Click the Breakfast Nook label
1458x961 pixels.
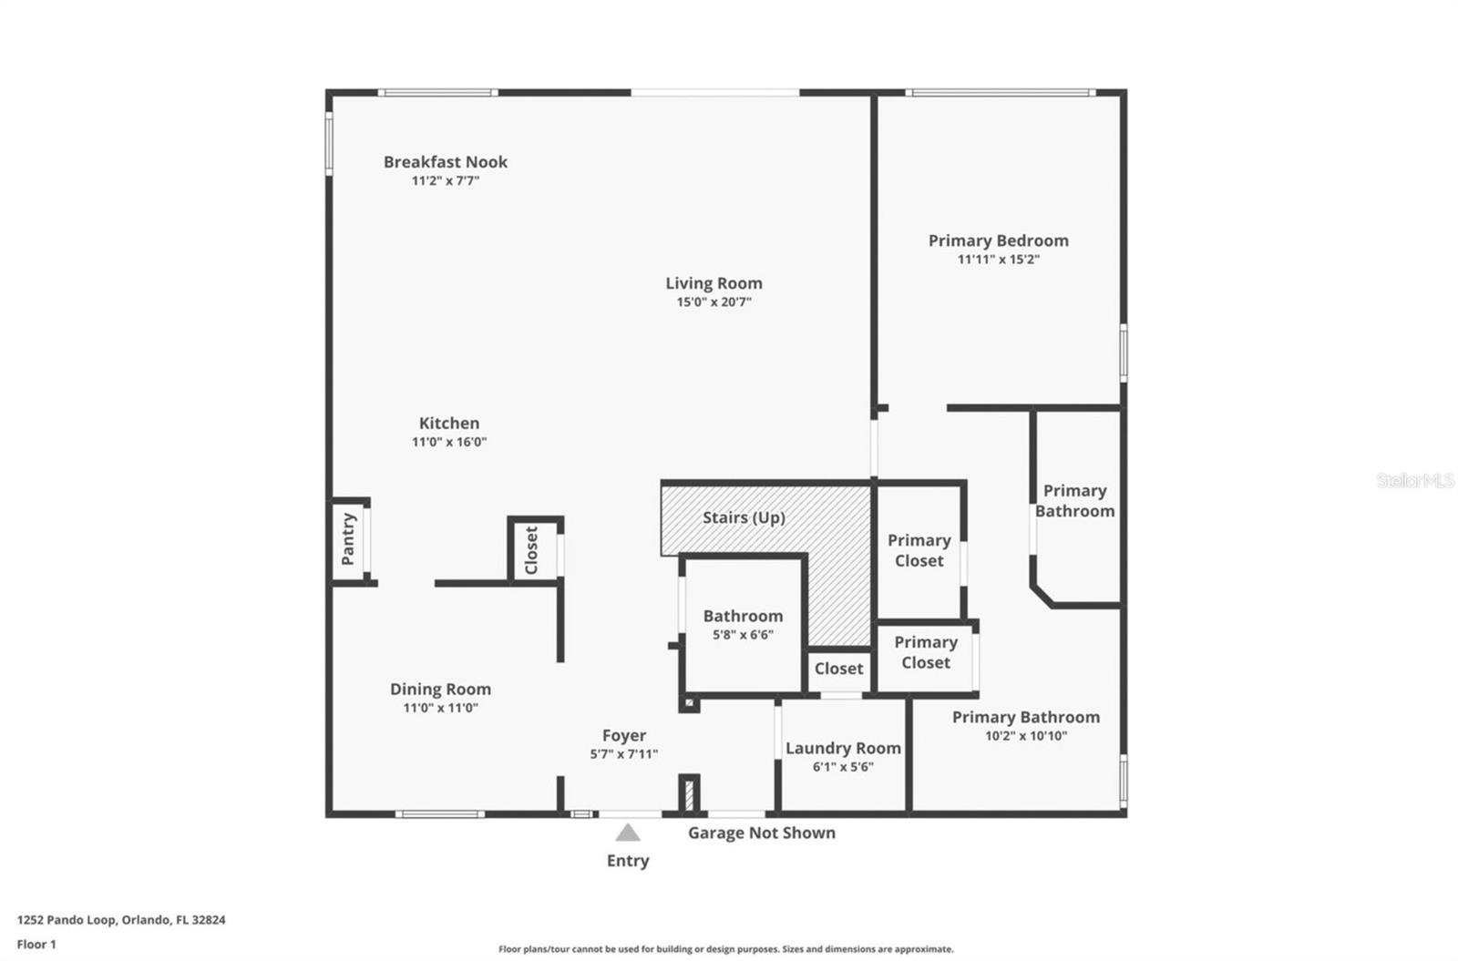(x=446, y=162)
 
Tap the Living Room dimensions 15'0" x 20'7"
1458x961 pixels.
(x=714, y=302)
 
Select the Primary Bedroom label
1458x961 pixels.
(x=999, y=241)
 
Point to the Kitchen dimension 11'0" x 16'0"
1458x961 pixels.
(x=449, y=442)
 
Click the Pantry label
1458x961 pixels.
(x=348, y=538)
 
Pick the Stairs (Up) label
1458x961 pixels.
(x=744, y=518)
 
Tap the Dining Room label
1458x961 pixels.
(x=441, y=690)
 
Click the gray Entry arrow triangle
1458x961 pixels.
(x=628, y=833)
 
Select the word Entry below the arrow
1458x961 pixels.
(x=628, y=861)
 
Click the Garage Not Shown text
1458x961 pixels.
(x=762, y=833)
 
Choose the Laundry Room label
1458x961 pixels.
(x=843, y=749)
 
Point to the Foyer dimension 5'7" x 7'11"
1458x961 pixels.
(x=623, y=754)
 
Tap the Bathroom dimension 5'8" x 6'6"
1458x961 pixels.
(x=743, y=635)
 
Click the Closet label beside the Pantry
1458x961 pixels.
(x=531, y=550)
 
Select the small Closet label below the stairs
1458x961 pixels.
(x=838, y=669)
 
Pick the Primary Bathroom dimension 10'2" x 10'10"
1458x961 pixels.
(x=1026, y=737)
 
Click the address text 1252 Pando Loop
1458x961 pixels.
(x=67, y=920)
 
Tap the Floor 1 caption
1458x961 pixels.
(x=36, y=945)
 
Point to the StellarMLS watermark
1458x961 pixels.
(x=1415, y=481)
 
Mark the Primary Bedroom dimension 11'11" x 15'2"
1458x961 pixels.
(x=999, y=260)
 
